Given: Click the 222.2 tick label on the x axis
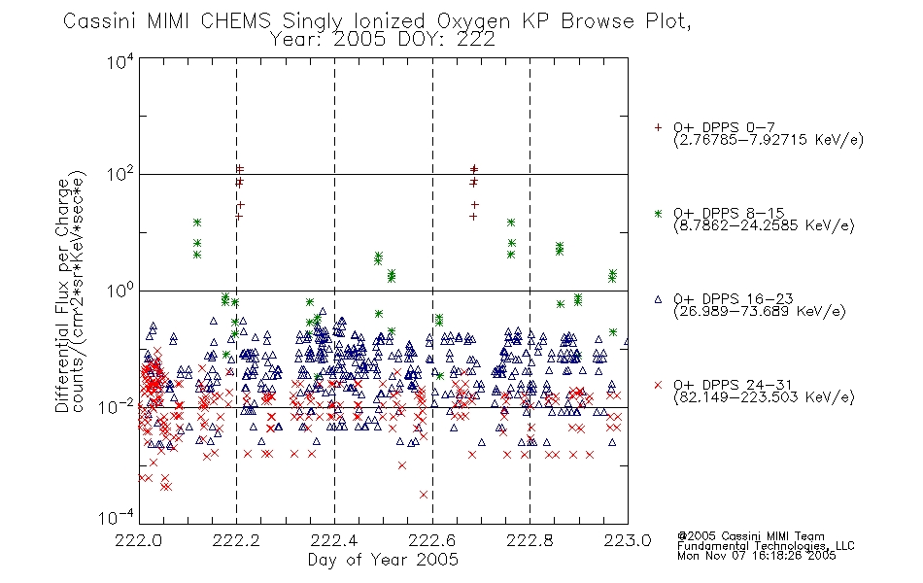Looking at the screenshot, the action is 237,540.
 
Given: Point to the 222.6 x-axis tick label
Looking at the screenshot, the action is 432,540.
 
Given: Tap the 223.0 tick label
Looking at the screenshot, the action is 628,540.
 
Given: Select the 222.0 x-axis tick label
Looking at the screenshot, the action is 139,540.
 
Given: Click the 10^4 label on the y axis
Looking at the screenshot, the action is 120,61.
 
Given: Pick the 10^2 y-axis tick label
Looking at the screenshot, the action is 120,175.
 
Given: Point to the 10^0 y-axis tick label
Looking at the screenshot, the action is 120,291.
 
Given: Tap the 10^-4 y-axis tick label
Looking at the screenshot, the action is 116,518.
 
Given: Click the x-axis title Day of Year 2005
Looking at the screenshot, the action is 383,560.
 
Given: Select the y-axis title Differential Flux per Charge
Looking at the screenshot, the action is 62,295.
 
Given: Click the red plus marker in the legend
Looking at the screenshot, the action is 658,127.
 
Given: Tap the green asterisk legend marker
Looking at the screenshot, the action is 658,213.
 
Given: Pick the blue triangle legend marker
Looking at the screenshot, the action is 658,299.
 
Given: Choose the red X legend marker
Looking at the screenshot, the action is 658,385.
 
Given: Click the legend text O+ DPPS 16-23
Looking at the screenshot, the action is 734,299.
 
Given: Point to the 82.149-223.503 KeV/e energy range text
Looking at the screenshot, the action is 764,397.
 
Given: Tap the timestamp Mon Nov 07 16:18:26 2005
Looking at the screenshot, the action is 757,556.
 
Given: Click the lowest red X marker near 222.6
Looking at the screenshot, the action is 424,495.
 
